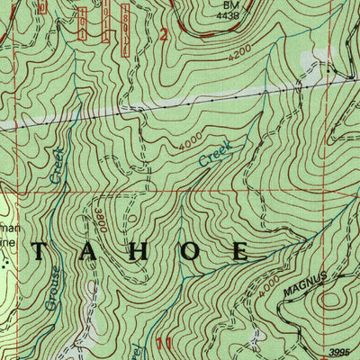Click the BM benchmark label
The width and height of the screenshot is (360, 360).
[230, 4]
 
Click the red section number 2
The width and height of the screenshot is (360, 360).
[163, 35]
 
